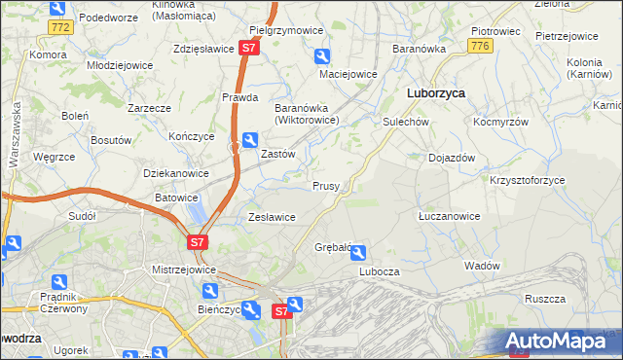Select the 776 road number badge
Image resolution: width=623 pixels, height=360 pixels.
(x=478, y=47)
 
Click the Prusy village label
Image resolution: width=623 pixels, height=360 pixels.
(x=325, y=186)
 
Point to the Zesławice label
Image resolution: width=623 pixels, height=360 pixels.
(x=272, y=217)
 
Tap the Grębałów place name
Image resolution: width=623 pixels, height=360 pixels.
(x=332, y=247)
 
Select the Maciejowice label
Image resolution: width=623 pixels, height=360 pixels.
(x=348, y=74)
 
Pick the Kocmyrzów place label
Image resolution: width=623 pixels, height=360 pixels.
(x=499, y=123)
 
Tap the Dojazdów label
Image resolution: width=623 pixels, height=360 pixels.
(x=451, y=158)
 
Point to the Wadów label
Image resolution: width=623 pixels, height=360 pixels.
(x=482, y=266)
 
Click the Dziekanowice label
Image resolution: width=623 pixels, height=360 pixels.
(x=176, y=173)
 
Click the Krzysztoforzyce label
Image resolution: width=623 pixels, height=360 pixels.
(x=527, y=181)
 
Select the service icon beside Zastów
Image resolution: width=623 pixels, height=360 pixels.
(x=249, y=140)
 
